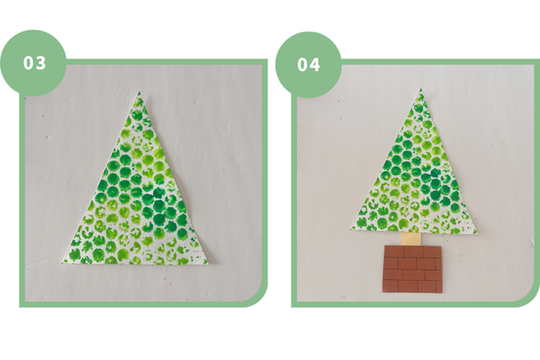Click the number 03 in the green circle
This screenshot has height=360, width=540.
coord(34,63)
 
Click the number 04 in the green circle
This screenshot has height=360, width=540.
coord(309,65)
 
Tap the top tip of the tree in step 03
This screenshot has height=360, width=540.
coord(139,92)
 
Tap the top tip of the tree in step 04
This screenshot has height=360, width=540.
coord(420,89)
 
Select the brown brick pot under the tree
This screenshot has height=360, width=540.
coord(412,269)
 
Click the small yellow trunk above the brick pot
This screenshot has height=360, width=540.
coord(411,238)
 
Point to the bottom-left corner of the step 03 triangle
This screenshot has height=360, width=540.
coord(62,264)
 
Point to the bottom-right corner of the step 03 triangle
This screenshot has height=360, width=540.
coord(208,264)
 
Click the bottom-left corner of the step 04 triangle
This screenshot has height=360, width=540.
coord(351,228)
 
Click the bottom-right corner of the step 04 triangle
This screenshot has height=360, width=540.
coord(477,234)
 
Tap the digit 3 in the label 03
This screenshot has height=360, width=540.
coord(40,63)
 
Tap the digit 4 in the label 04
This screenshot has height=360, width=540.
coord(315,65)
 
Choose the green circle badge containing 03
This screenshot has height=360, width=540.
coord(33,63)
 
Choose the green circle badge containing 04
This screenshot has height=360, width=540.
coord(308,65)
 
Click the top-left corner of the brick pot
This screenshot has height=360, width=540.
coord(385,246)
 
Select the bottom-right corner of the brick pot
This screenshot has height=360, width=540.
coord(442,292)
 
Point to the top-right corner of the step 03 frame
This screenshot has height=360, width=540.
coord(267,59)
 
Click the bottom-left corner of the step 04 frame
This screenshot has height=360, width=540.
coord(292,307)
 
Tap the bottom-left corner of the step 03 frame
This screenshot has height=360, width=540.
coord(20,307)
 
